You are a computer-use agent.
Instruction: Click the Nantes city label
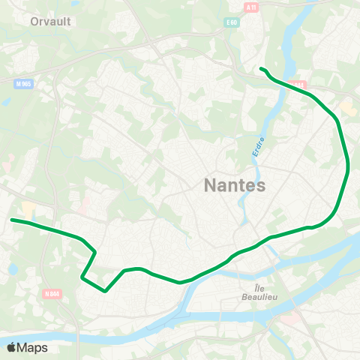point(234,185)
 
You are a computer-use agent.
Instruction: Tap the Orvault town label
point(51,22)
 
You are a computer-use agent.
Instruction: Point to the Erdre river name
point(258,145)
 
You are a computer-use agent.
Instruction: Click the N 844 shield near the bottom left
point(52,294)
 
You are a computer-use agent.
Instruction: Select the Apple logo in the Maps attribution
point(11,347)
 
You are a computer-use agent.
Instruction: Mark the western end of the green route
point(12,220)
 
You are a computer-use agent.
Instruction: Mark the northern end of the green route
point(261,69)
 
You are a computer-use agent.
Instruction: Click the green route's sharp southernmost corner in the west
point(105,290)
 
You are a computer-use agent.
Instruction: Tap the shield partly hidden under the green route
point(298,85)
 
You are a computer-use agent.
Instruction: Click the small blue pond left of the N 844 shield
point(13,268)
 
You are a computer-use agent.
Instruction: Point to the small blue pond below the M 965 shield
point(7,100)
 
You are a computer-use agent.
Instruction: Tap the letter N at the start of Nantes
point(209,185)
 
